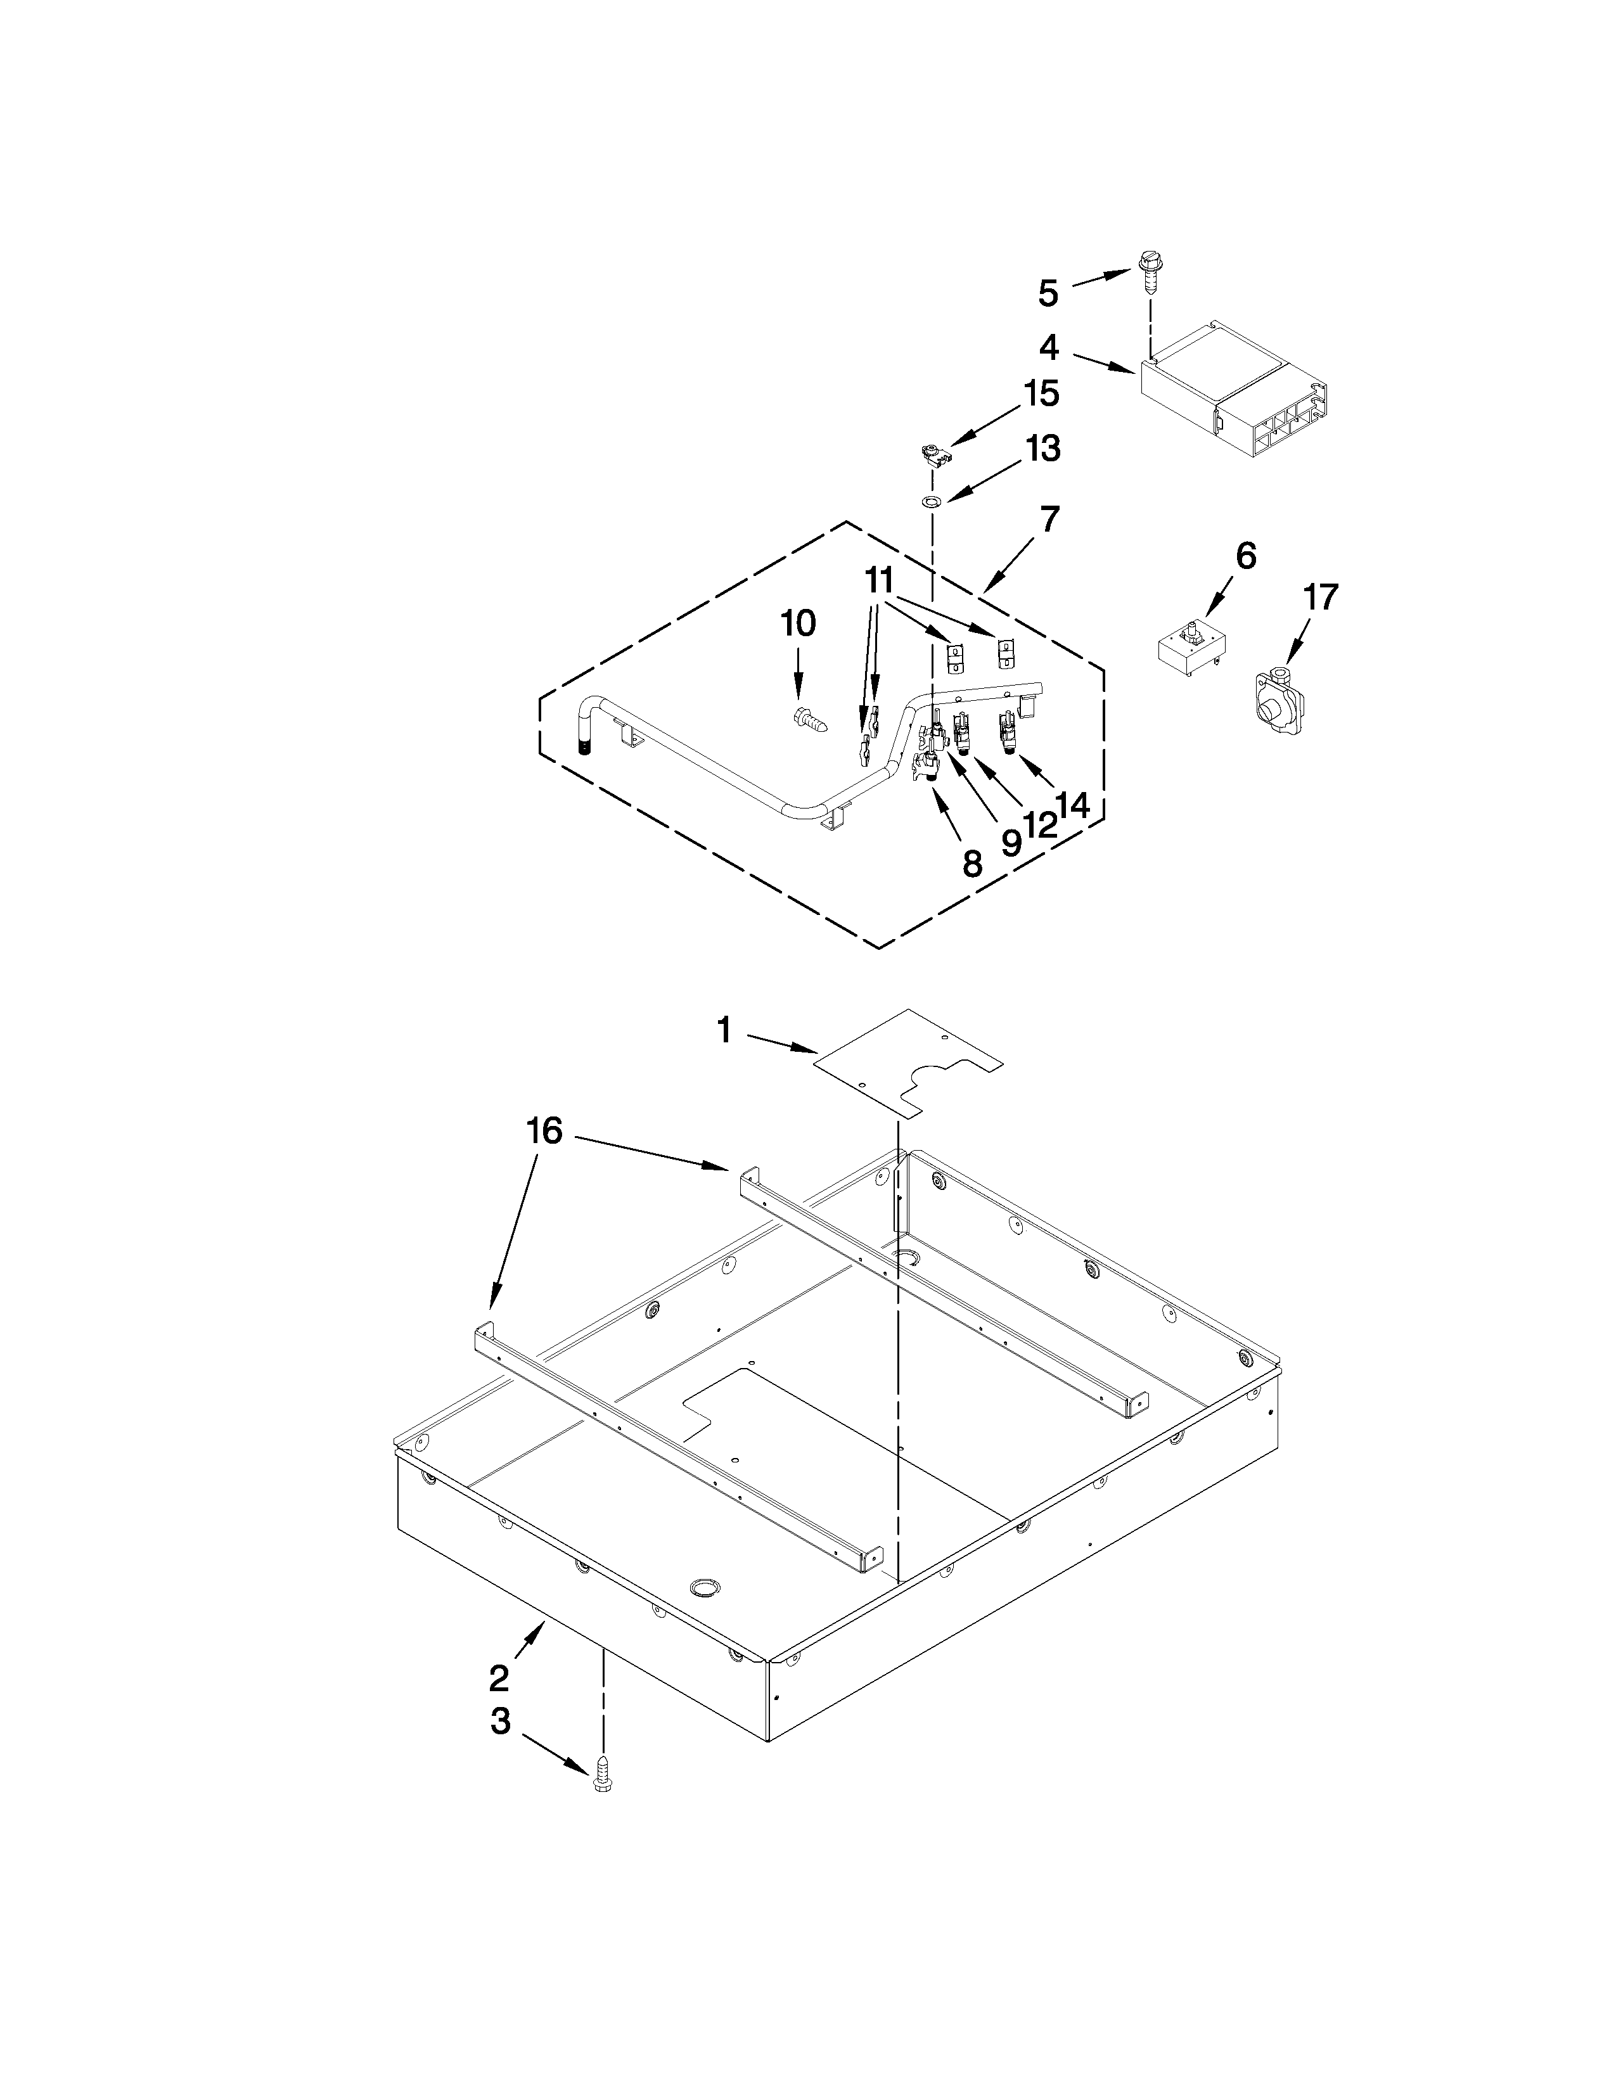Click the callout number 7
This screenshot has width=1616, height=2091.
pyautogui.click(x=1050, y=519)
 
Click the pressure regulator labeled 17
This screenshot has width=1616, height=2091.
pyautogui.click(x=1273, y=708)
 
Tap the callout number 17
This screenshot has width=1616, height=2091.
pyautogui.click(x=1320, y=598)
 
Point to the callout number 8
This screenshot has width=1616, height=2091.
pyautogui.click(x=972, y=864)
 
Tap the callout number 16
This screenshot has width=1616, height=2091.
pyautogui.click(x=544, y=1130)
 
